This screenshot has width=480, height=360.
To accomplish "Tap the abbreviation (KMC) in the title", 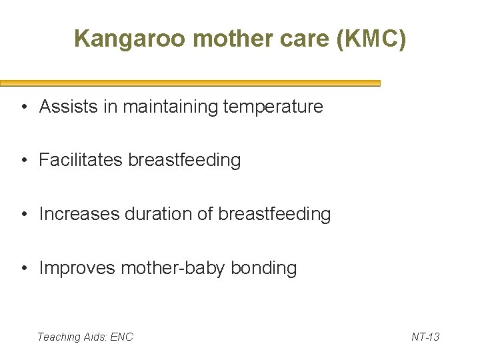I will [371, 39].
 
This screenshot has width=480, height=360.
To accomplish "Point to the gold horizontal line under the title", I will [190, 84].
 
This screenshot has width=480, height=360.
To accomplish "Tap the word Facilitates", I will [81, 161].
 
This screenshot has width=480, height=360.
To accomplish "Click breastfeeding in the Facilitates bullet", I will [185, 161].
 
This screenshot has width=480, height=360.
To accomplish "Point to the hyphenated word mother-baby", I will [173, 268].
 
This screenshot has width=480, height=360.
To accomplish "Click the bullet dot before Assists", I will [23, 107].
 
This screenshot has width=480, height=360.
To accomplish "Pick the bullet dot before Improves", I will [23, 269].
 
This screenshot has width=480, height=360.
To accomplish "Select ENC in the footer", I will [122, 337].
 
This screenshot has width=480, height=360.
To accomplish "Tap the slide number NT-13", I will [425, 337].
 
